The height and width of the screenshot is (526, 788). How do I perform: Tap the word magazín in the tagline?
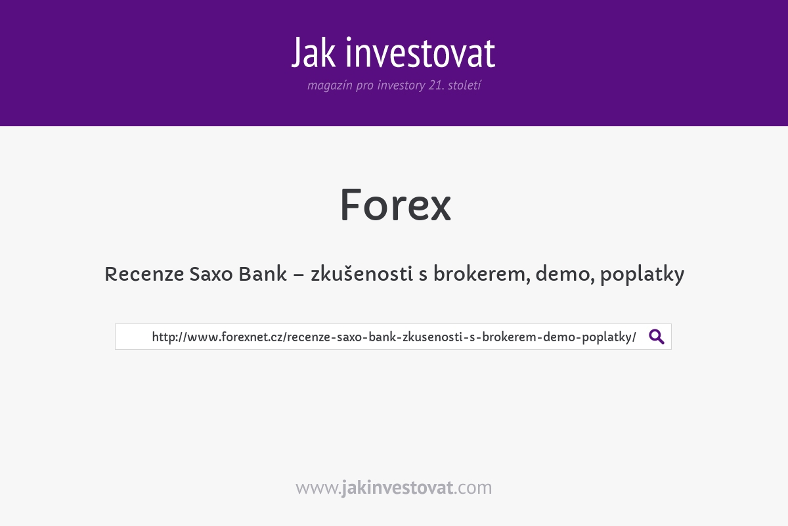click(330, 86)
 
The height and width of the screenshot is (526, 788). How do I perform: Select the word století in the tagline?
click(464, 86)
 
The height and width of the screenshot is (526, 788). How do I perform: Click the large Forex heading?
click(395, 205)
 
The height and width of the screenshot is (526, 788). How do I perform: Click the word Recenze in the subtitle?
click(143, 274)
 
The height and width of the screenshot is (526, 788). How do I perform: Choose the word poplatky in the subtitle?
click(642, 274)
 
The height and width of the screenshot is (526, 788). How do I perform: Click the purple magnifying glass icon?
click(657, 337)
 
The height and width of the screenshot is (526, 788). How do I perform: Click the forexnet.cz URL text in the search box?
click(394, 337)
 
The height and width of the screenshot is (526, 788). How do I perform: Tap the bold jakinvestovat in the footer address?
click(397, 488)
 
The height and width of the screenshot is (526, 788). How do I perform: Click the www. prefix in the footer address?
click(318, 488)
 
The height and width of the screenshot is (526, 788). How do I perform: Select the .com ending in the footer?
click(473, 488)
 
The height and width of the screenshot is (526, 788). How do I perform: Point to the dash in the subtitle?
click(299, 275)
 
